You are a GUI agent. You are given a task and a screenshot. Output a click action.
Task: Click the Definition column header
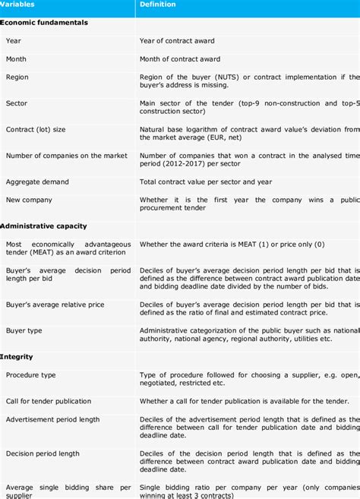click(x=157, y=5)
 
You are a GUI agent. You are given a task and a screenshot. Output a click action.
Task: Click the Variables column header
click(x=17, y=5)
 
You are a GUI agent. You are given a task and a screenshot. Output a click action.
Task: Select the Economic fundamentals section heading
click(x=44, y=23)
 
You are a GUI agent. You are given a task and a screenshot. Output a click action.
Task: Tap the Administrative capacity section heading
click(x=43, y=226)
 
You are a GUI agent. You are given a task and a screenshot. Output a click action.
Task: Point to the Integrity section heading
click(x=16, y=356)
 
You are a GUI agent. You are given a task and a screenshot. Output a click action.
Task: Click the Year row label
click(x=14, y=40)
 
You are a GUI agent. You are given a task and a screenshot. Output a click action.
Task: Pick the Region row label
click(x=17, y=77)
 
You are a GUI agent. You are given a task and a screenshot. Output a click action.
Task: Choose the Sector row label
click(x=17, y=103)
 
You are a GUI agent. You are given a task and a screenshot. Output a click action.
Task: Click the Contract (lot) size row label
click(x=36, y=130)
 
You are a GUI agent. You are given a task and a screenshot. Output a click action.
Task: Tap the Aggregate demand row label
click(x=37, y=182)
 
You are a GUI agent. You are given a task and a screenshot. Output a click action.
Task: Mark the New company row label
click(x=29, y=200)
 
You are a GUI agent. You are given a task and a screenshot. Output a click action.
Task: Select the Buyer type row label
click(x=24, y=330)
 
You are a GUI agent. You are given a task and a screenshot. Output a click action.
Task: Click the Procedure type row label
click(x=31, y=374)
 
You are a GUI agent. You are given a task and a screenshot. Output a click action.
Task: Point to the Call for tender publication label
click(x=49, y=401)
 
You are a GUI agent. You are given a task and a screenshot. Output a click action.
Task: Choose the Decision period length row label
click(x=43, y=453)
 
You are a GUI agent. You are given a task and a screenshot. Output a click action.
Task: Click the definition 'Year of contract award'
click(x=177, y=40)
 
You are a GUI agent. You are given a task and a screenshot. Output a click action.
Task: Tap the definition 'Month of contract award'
click(x=180, y=58)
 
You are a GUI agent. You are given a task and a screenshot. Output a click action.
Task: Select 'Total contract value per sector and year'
click(x=205, y=182)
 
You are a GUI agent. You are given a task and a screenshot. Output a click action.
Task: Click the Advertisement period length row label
click(x=52, y=419)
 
